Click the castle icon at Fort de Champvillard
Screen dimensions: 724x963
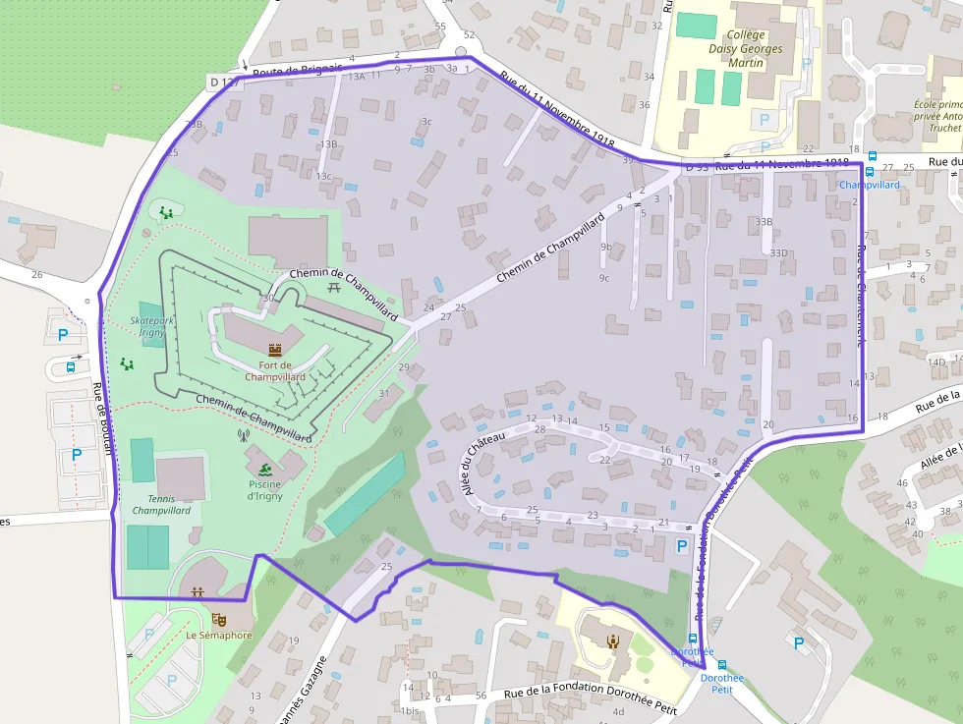click(x=275, y=349)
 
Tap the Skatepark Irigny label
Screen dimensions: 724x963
click(x=150, y=327)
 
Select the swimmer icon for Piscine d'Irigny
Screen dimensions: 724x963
click(x=265, y=468)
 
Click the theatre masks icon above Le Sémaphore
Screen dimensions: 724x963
click(x=218, y=619)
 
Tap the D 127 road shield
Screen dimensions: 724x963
click(x=224, y=82)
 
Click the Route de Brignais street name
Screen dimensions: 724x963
click(x=298, y=71)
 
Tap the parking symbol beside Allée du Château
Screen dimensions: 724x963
click(x=683, y=545)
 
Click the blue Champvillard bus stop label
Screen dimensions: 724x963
click(x=870, y=184)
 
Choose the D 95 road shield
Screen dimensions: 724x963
click(x=697, y=168)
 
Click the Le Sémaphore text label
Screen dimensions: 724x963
click(x=218, y=636)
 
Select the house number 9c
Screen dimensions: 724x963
click(x=603, y=278)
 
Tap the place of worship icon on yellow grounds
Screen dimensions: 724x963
click(x=613, y=641)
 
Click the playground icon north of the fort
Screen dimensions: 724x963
click(x=167, y=211)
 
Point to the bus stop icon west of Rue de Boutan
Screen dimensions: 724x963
click(x=71, y=367)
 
